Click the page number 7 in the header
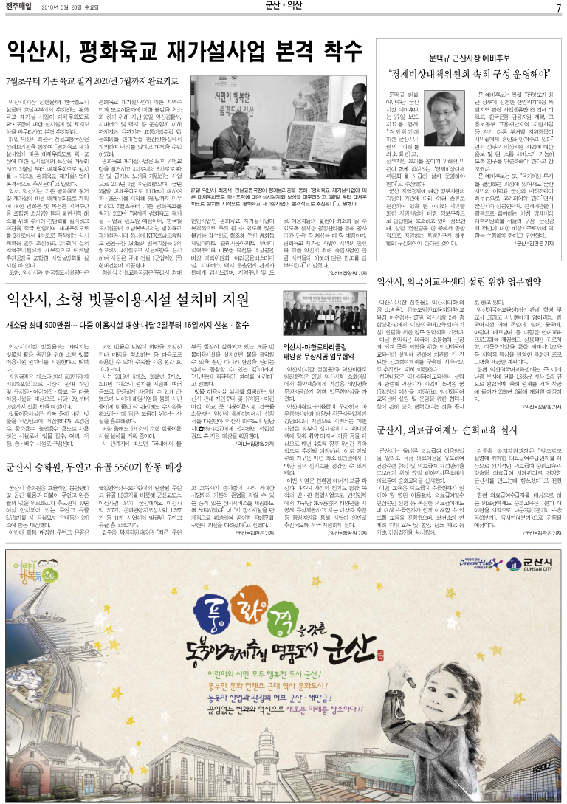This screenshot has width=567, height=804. pos(559,7)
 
